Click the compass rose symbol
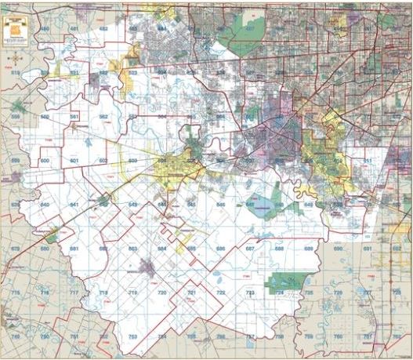(13, 56)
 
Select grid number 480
(45, 29)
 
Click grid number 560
(45, 116)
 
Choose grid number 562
(103, 116)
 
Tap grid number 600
(45, 160)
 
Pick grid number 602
(103, 160)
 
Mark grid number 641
(74, 204)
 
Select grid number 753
(132, 336)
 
